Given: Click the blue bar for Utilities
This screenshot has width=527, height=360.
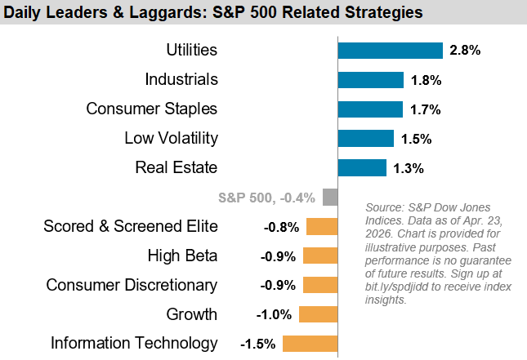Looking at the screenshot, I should click(x=390, y=51).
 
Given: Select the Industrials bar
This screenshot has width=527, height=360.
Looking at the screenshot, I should click(x=371, y=80).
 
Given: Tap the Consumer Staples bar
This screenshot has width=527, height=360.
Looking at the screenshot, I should click(x=370, y=109).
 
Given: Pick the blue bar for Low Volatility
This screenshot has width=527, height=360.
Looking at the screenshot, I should click(x=365, y=139).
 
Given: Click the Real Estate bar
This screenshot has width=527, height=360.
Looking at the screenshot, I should click(x=362, y=168).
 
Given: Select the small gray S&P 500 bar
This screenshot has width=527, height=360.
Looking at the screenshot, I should click(x=330, y=198).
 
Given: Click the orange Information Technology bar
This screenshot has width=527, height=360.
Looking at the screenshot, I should click(x=310, y=344).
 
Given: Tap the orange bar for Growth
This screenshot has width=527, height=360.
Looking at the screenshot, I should click(x=318, y=314).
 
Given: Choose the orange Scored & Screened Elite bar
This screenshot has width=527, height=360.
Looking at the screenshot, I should click(x=322, y=227).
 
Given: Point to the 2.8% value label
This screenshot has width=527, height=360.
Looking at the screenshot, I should click(x=465, y=51).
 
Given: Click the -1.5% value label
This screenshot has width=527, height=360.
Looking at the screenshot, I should click(x=257, y=344).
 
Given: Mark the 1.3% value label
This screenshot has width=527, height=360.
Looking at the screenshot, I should click(x=408, y=168).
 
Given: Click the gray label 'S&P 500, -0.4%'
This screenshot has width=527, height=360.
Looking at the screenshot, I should click(x=267, y=198).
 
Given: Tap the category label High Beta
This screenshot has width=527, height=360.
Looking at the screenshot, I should click(x=182, y=256).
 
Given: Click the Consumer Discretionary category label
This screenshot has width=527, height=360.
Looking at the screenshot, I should click(x=132, y=285).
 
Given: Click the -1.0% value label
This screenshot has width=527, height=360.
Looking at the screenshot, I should click(x=275, y=314).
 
